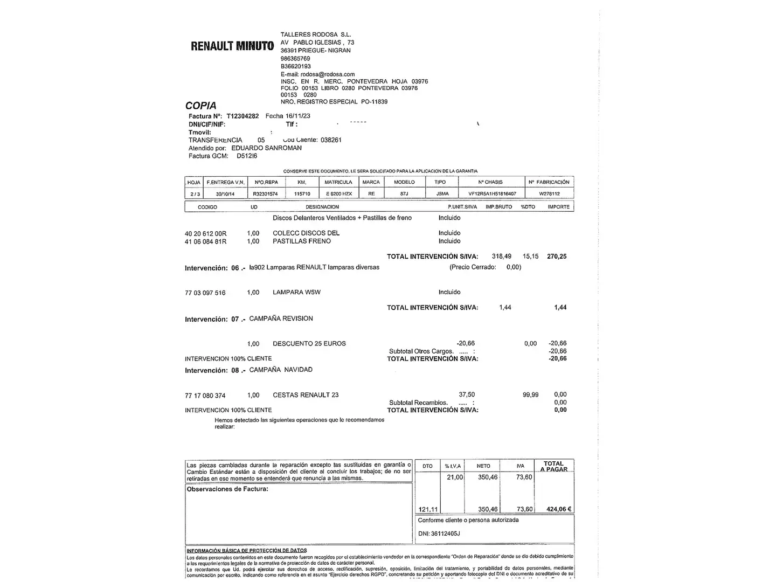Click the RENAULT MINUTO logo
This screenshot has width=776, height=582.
coord(232,46)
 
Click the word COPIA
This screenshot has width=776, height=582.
coord(201,106)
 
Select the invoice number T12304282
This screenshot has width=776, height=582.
coord(242,116)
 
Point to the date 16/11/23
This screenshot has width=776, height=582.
coord(297,116)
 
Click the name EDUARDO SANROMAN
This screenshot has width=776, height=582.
coord(266,148)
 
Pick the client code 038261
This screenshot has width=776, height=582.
coord(331,140)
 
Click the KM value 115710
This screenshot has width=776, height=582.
coord(302,194)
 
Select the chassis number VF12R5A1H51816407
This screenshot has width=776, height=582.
coord(492,194)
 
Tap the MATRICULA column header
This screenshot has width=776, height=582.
coord(338,182)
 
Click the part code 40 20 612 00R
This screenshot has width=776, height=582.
coord(206,234)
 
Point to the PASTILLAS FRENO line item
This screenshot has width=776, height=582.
coord(302,241)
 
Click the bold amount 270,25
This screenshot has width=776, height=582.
coord(557,257)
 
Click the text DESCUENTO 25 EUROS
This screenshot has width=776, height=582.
coord(309,343)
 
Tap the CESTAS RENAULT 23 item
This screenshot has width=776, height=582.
coord(306,395)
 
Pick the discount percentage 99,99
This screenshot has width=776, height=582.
coord(530,395)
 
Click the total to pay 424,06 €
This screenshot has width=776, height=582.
coord(559,509)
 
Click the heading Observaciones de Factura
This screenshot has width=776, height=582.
coord(227,489)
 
